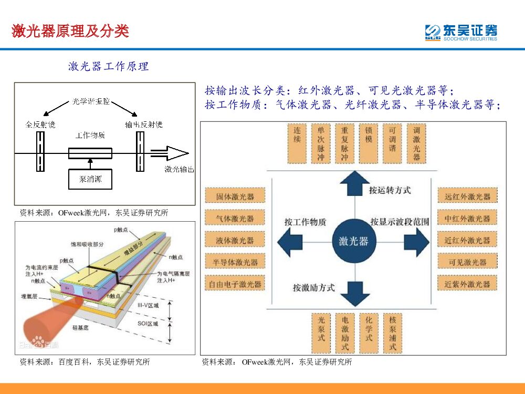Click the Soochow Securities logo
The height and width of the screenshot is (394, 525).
click(x=460, y=33)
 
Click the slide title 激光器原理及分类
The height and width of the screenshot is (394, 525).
click(x=70, y=31)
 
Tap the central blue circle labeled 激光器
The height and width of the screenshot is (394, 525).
click(x=353, y=241)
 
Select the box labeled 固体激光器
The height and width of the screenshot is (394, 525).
click(x=235, y=196)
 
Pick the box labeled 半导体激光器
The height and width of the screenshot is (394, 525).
click(x=235, y=262)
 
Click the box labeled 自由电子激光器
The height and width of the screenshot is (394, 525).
click(x=235, y=284)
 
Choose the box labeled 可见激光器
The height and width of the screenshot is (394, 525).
click(x=467, y=262)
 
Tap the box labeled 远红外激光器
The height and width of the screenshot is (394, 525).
click(x=467, y=196)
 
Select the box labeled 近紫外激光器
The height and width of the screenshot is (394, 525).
click(x=467, y=284)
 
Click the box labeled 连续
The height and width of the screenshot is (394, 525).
click(x=297, y=143)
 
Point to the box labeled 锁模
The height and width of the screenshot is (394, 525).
click(x=369, y=143)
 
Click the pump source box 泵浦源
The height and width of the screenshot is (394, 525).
click(x=90, y=179)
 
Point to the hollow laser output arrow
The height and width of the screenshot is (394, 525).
click(x=170, y=153)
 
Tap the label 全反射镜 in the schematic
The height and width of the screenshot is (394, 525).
click(x=40, y=125)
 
